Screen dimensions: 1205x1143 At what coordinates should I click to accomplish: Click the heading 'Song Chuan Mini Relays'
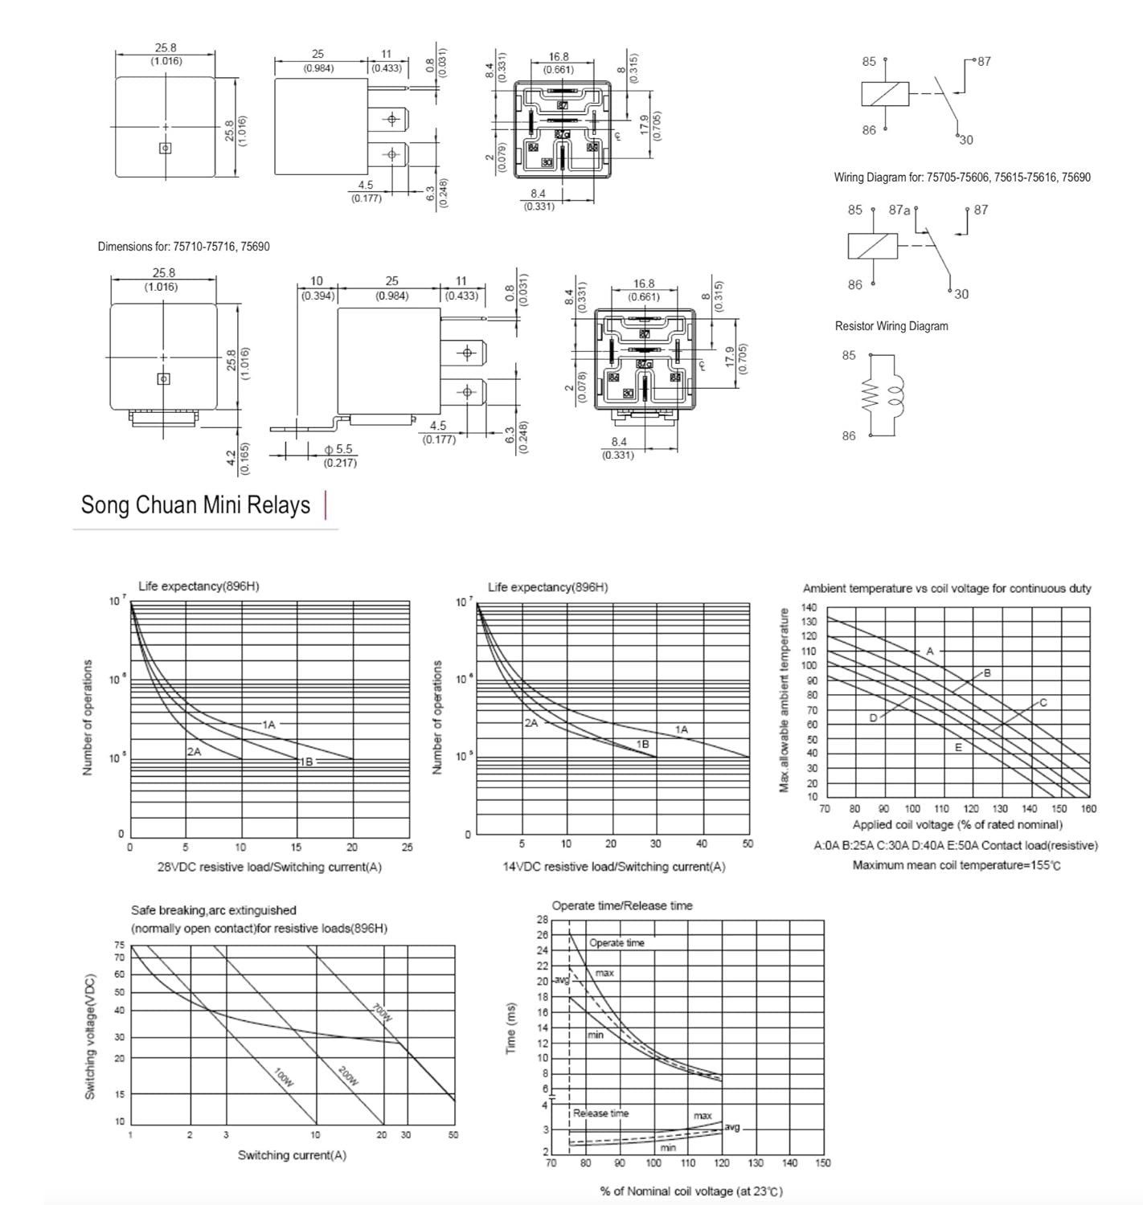195,505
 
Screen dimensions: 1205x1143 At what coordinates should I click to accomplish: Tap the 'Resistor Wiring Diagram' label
891,326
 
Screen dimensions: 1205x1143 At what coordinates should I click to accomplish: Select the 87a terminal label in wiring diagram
899,210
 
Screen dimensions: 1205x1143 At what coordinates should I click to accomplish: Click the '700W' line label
383,1013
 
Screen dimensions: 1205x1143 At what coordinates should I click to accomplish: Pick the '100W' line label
284,1076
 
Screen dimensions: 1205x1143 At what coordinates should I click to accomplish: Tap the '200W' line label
347,1076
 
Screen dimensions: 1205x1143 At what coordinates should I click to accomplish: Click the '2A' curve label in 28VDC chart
194,752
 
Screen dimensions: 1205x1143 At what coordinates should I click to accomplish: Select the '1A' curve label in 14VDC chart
681,729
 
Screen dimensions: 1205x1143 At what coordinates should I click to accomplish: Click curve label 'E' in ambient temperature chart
958,747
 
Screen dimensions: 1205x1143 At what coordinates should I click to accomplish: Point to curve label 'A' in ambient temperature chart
929,651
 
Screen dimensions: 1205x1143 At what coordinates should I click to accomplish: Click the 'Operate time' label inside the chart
617,943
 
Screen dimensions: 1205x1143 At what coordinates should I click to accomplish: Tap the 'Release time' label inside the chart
600,1113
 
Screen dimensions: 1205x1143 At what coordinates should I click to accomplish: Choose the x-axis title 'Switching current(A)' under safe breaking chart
292,1155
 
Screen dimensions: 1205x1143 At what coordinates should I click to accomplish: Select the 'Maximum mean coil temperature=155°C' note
956,865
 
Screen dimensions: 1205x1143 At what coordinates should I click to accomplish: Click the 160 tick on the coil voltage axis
1088,809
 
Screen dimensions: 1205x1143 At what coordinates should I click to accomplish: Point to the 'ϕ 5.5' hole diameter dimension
338,450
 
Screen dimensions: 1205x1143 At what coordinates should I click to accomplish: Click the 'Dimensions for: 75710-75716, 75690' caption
183,247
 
